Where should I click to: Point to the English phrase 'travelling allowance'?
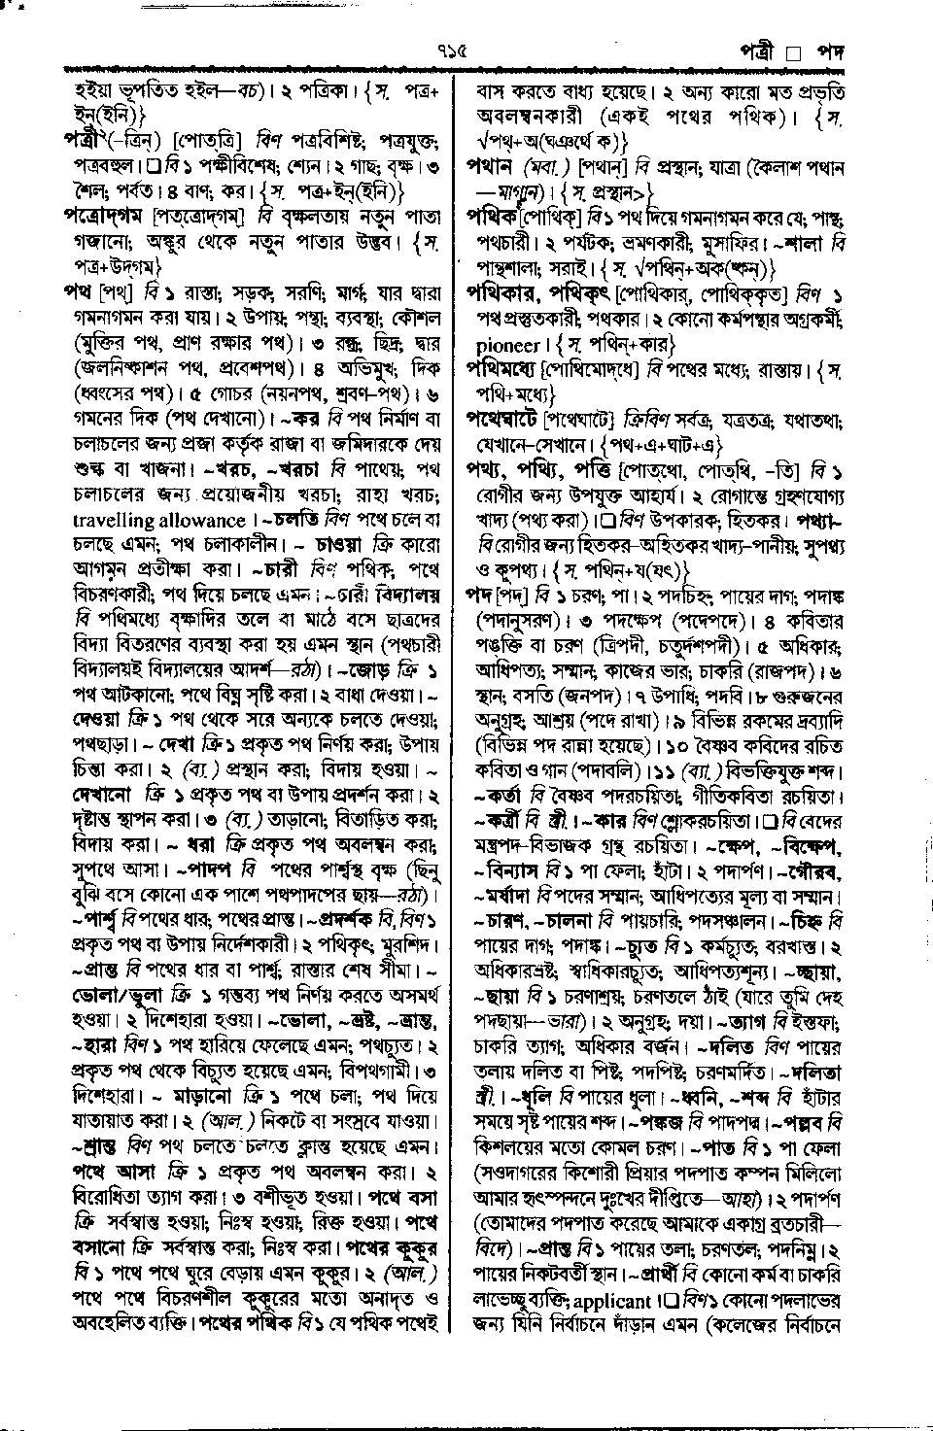click(159, 521)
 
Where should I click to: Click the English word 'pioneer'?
click(508, 344)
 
